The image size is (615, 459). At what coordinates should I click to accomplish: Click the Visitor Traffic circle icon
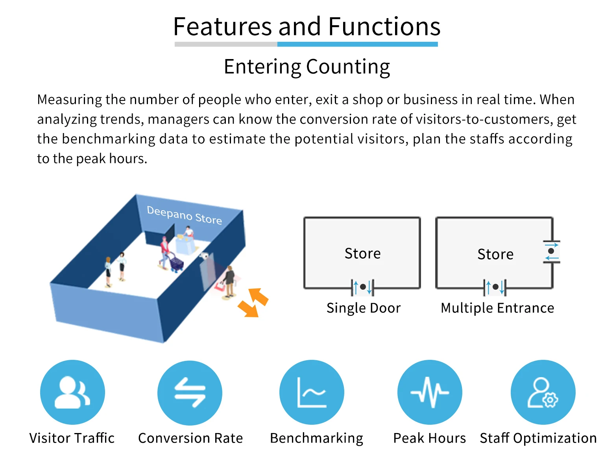[72, 392]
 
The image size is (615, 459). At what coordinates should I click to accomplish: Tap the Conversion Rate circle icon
[190, 392]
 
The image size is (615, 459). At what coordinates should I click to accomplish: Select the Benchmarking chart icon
[312, 392]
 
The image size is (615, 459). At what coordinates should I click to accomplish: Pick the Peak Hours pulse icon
[430, 392]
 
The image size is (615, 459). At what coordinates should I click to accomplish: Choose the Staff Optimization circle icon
[543, 392]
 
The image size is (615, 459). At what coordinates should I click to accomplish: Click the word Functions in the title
[384, 27]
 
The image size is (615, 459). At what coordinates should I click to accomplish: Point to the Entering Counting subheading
[307, 67]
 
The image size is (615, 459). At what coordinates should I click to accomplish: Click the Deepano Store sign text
[184, 215]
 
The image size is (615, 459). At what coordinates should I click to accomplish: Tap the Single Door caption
[363, 308]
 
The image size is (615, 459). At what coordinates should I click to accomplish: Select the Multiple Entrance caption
[497, 308]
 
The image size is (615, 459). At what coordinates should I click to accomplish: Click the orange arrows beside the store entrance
[253, 302]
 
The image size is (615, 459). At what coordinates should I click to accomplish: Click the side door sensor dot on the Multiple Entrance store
[551, 251]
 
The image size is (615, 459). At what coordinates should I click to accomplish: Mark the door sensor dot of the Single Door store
[363, 287]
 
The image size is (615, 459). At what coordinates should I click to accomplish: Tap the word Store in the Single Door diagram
[362, 254]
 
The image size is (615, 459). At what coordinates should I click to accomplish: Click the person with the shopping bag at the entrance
[229, 280]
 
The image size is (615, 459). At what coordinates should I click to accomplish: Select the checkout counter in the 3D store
[185, 244]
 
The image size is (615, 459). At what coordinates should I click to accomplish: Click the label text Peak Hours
[429, 438]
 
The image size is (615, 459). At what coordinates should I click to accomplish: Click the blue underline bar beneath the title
[357, 44]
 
